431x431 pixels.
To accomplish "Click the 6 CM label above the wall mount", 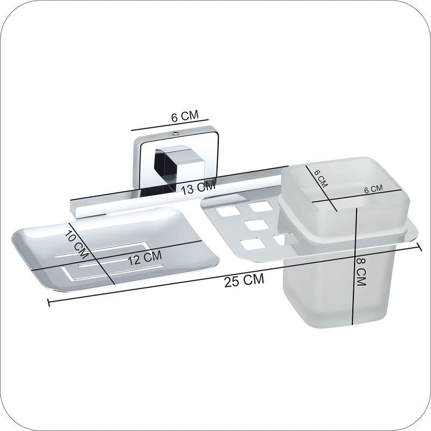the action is [185, 116].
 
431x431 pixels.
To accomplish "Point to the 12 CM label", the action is [145, 258].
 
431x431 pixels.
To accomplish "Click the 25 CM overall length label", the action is [244, 280].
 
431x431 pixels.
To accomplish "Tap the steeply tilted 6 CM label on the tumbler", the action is [321, 179].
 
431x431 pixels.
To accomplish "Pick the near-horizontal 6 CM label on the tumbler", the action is [373, 189].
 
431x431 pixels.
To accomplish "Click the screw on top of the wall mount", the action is [175, 134].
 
